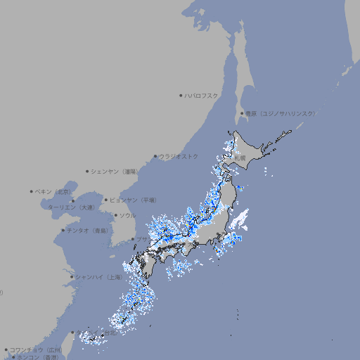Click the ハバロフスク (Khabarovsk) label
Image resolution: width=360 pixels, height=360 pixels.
pyautogui.click(x=201, y=95)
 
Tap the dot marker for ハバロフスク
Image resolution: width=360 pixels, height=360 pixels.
pyautogui.click(x=181, y=95)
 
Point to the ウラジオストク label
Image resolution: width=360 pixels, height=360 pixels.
pyautogui.click(x=179, y=156)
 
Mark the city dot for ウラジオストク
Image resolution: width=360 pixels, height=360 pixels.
pyautogui.click(x=155, y=156)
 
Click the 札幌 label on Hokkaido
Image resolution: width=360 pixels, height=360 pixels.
pyautogui.click(x=240, y=158)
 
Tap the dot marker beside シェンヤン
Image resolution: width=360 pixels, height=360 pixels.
pyautogui.click(x=88, y=171)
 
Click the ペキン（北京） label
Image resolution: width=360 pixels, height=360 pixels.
pyautogui.click(x=53, y=191)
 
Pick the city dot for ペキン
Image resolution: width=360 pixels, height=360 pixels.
pyautogui.click(x=32, y=191)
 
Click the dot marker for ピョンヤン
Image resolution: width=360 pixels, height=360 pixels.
pyautogui.click(x=106, y=200)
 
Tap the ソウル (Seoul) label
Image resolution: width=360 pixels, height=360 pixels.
pyautogui.click(x=127, y=215)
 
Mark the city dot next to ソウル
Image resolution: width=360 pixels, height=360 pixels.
pyautogui.click(x=115, y=215)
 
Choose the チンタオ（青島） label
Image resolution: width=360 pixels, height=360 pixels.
pyautogui.click(x=88, y=230)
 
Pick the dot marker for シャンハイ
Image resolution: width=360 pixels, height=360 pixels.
pyautogui.click(x=72, y=277)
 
